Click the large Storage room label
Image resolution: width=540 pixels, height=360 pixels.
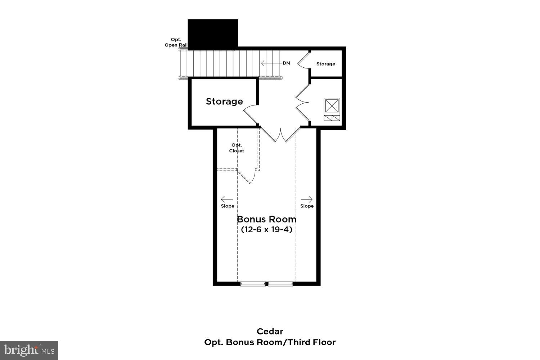click(x=224, y=102)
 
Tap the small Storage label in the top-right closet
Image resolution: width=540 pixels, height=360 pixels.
click(x=325, y=64)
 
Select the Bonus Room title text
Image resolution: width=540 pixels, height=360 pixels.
click(x=266, y=219)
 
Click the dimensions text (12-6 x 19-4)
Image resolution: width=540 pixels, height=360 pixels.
click(x=266, y=229)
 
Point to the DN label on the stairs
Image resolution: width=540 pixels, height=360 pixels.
click(x=286, y=63)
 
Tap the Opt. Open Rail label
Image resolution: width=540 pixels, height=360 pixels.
click(x=176, y=42)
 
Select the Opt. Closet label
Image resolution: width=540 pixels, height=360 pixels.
click(x=237, y=148)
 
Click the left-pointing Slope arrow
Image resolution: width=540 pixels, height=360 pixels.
click(x=227, y=199)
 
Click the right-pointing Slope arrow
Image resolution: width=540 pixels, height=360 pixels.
click(x=307, y=199)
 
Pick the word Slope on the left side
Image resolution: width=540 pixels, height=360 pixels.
click(x=228, y=206)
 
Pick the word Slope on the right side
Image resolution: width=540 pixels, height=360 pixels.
click(x=307, y=206)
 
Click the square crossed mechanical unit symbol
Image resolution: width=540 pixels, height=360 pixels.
click(x=332, y=106)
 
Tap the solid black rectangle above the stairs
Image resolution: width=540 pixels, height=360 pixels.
click(x=213, y=33)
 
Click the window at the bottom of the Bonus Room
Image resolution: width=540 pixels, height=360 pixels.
click(x=266, y=284)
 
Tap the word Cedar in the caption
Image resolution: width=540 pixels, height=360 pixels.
click(x=270, y=331)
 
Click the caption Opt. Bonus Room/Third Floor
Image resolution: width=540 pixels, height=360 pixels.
click(x=270, y=342)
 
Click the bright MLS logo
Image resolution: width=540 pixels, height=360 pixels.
click(x=29, y=350)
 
